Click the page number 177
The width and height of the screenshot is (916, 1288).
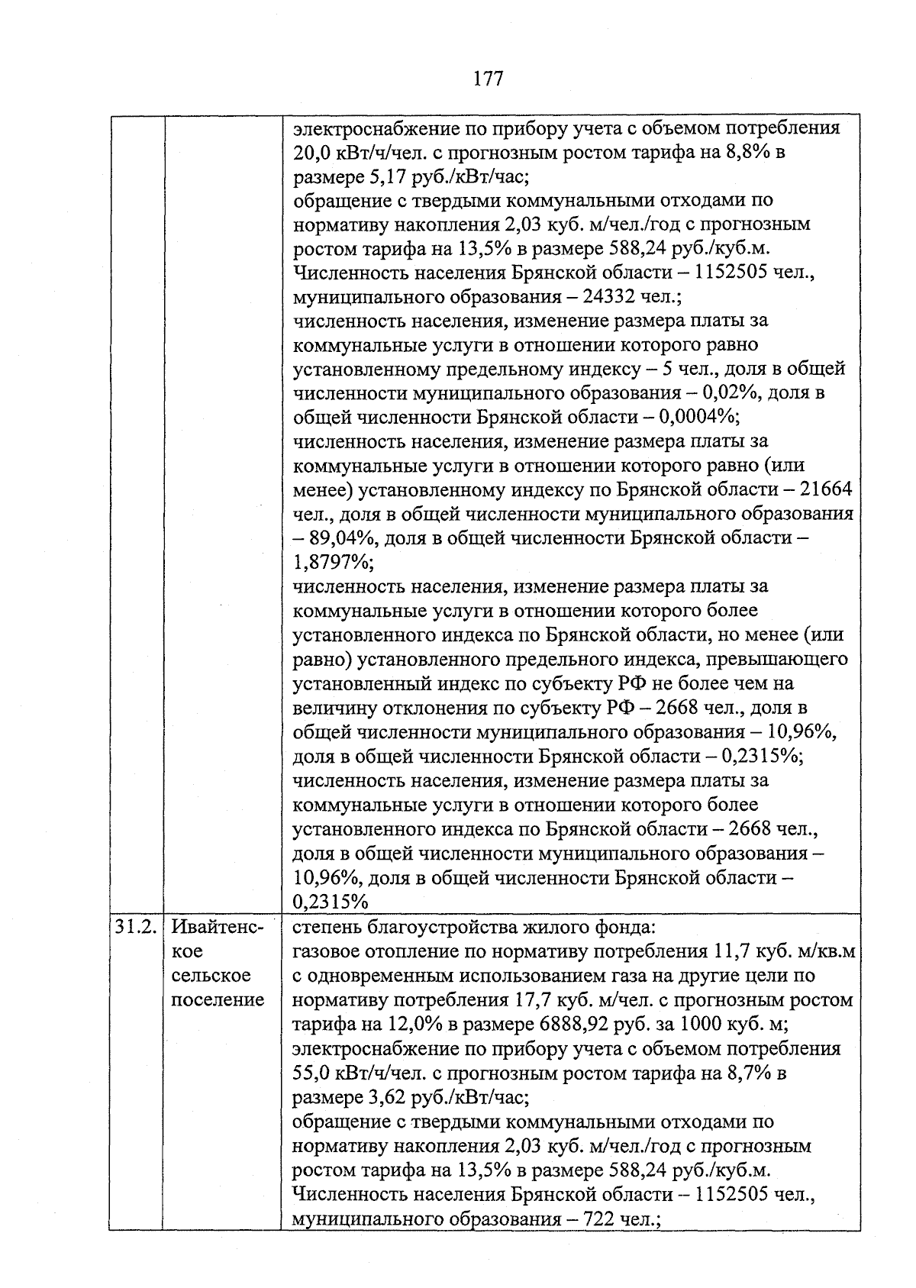488,79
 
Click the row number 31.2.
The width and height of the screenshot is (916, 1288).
136,927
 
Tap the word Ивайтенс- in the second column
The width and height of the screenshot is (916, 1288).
217,927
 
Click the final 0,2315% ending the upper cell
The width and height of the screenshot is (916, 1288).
331,902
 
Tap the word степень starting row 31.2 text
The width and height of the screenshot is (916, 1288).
328,927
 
